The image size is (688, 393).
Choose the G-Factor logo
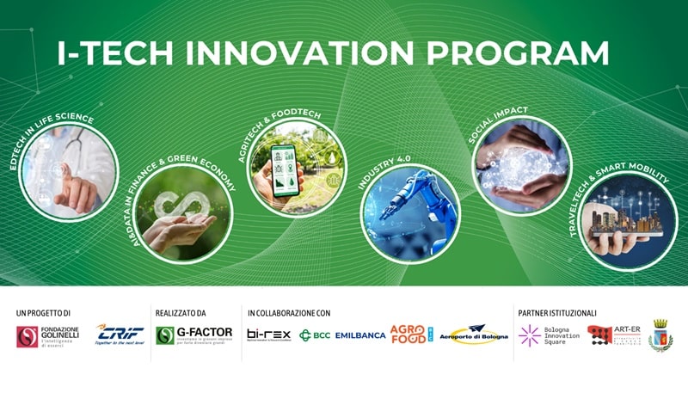(193, 335)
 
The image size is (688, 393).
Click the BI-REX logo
(268, 335)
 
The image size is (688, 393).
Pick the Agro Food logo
(412, 335)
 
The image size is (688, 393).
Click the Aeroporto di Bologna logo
(475, 335)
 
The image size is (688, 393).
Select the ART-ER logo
(614, 335)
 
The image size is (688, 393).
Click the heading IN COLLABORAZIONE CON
(288, 313)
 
